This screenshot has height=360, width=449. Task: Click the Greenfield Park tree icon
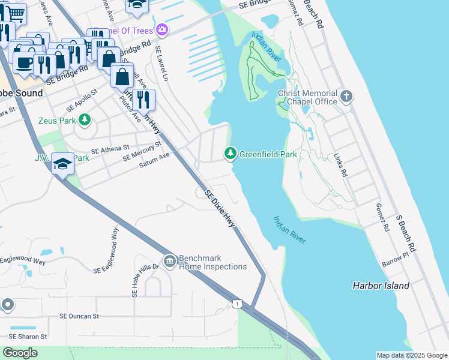click(230, 154)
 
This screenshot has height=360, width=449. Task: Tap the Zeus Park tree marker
click(85, 120)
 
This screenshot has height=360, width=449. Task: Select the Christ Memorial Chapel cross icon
click(346, 97)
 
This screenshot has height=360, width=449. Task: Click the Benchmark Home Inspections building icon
click(170, 261)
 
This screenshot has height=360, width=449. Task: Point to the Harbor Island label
click(381, 286)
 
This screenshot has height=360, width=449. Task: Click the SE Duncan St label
click(79, 316)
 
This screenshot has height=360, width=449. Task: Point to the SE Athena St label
click(110, 148)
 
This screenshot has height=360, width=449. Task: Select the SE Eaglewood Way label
click(106, 251)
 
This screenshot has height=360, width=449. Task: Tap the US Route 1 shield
click(238, 305)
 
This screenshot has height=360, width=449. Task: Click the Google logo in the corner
click(20, 353)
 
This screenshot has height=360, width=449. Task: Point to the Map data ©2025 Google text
click(411, 355)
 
